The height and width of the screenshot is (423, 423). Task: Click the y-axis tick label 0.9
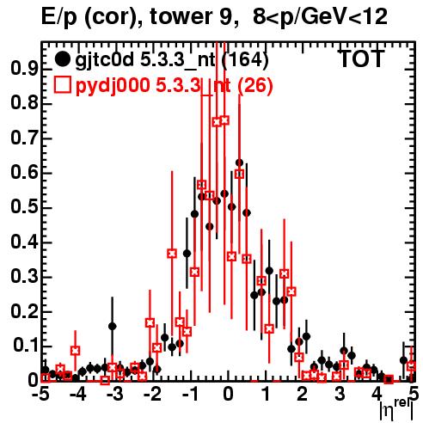pos(24,69)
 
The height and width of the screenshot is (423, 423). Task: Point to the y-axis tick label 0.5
pos(24,207)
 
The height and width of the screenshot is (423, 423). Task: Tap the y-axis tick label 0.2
pos(24,311)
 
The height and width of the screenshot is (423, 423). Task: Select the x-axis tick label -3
pos(114,395)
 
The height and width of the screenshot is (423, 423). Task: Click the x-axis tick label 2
pos(302,395)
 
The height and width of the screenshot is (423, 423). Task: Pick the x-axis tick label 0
pos(228,395)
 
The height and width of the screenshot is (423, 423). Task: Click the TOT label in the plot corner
pos(362,59)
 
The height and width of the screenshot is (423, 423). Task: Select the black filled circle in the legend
pos(62,59)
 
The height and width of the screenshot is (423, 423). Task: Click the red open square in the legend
pos(62,84)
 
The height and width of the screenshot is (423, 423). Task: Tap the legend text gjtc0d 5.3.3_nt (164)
pos(172,60)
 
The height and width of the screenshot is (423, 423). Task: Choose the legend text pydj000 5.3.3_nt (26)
pos(174,85)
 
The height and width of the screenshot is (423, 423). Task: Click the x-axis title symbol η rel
pos(397,410)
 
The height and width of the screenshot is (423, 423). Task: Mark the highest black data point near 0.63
pos(239,163)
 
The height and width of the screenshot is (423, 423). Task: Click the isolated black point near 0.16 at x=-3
pos(113,326)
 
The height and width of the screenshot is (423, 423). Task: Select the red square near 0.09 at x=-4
pos(75,351)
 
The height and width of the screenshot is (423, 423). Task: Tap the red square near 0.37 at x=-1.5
pos(172,254)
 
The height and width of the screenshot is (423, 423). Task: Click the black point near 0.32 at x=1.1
pos(269,271)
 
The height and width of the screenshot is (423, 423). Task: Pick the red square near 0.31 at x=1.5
pos(284,273)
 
